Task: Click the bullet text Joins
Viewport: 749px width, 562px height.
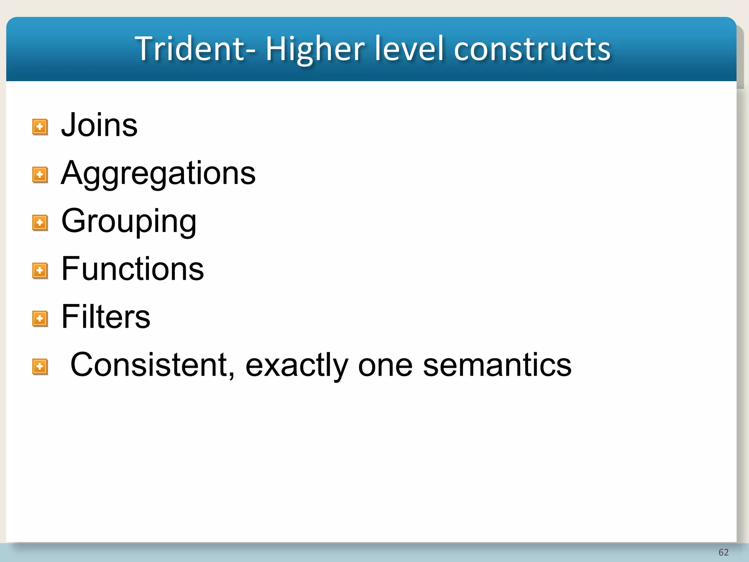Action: coord(99,125)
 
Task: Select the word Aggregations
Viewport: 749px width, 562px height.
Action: coord(158,173)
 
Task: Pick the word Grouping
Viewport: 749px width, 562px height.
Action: coord(129,221)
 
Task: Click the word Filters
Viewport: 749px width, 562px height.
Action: coord(106,317)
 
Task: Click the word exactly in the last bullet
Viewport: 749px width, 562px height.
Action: coord(297,365)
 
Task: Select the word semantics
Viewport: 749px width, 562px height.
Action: coord(497,365)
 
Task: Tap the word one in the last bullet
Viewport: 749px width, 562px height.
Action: coord(385,365)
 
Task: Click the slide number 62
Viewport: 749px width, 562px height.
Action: coord(723,552)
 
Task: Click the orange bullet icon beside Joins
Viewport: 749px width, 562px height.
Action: coord(40,127)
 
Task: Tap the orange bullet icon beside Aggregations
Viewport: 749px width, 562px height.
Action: coord(40,175)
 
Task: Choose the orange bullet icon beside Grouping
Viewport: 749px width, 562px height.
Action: coord(40,223)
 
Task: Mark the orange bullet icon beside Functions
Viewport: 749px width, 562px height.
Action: coord(40,271)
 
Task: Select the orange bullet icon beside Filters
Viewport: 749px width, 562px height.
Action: coord(40,319)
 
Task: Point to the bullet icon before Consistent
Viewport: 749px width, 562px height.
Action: coord(40,366)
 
